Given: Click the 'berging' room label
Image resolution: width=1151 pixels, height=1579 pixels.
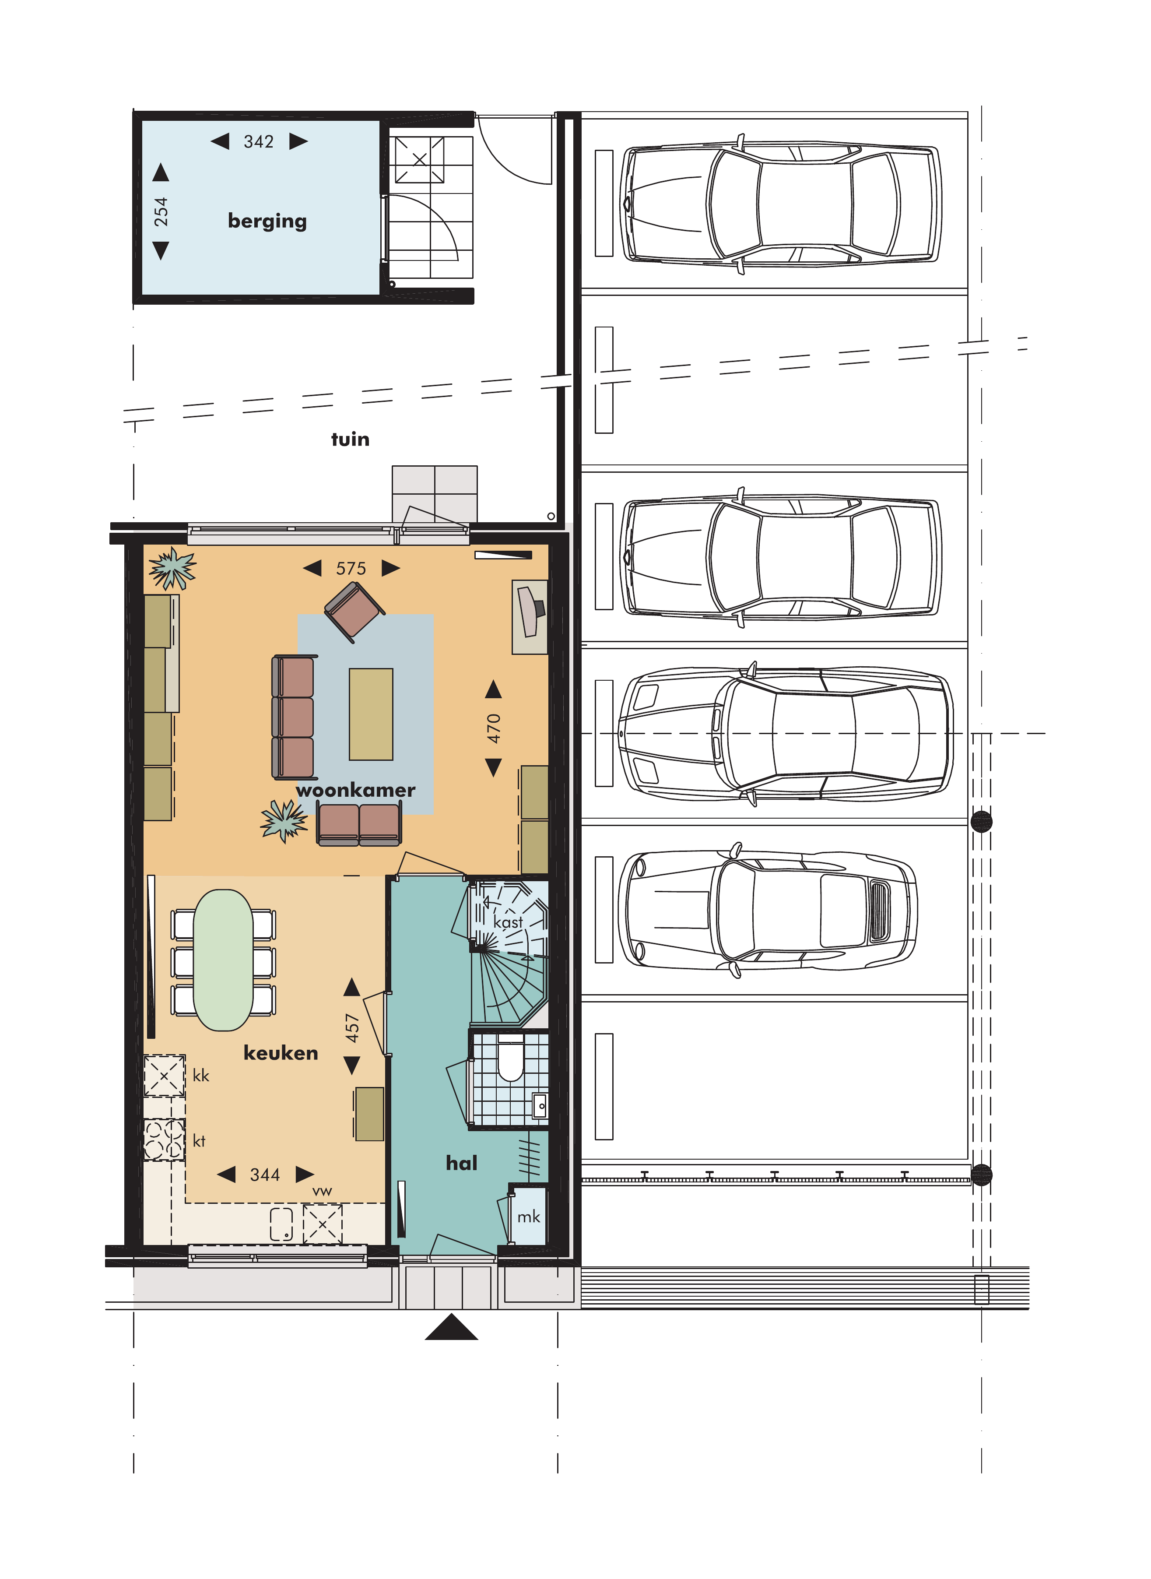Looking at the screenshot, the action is [267, 222].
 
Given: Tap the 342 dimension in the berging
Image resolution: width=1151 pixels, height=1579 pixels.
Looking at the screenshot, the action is [259, 142].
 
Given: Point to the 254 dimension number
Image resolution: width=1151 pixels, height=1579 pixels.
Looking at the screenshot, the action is [161, 212].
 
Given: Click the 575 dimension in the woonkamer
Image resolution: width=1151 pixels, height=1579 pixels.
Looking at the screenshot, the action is [351, 569].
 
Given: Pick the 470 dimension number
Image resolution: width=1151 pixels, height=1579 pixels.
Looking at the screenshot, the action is [493, 728].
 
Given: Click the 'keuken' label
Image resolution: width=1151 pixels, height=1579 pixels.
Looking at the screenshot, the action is [281, 1053].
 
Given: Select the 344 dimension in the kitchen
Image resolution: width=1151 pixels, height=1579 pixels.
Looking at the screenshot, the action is [265, 1175].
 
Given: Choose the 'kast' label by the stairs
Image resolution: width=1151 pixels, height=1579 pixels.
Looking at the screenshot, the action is [508, 922].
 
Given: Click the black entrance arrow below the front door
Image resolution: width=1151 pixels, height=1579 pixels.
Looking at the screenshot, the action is [452, 1327].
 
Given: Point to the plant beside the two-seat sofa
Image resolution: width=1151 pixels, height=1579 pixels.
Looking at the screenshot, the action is [284, 820].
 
